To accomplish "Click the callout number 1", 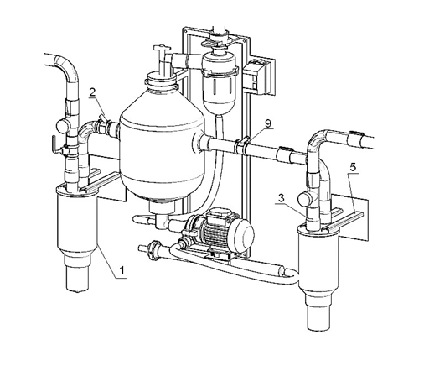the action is (122, 271).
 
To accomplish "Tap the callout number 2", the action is (93, 92).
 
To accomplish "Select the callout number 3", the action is (281, 198).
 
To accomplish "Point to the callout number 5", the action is (353, 167).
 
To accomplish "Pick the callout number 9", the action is (268, 123).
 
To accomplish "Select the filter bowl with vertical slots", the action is (220, 91).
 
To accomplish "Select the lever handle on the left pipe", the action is (54, 144).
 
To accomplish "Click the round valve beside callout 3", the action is (304, 199).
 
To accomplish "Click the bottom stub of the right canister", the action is (318, 318).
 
